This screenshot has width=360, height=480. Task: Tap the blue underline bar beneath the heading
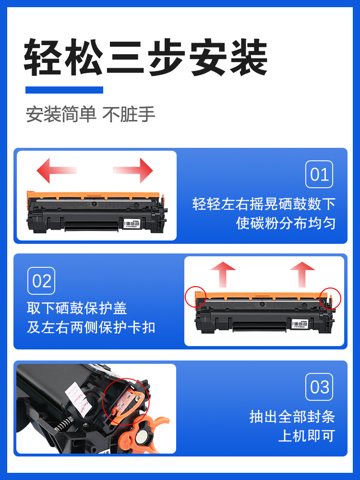[x=64, y=90]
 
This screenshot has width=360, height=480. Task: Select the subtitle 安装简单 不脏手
[x=91, y=115]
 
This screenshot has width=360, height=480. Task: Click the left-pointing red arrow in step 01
[x=55, y=170]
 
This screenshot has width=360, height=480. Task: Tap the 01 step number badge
[x=319, y=174]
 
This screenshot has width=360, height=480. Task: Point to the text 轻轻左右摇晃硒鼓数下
[x=264, y=204]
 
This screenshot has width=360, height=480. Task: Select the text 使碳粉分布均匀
[x=286, y=223]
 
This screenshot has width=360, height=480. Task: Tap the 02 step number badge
[x=41, y=281]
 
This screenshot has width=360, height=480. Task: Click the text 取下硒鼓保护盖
[x=77, y=308]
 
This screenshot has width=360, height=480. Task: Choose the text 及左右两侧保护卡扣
[x=91, y=327]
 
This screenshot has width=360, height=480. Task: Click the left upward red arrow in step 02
[x=223, y=274]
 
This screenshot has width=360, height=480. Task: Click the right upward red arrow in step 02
[x=302, y=274]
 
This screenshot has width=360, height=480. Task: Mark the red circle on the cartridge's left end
[x=195, y=298]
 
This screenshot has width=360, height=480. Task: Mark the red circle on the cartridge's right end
[x=330, y=298]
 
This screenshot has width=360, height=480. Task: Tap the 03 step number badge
[x=319, y=387]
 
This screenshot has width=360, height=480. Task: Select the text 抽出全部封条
[x=292, y=416]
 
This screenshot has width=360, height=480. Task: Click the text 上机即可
[x=306, y=436]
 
